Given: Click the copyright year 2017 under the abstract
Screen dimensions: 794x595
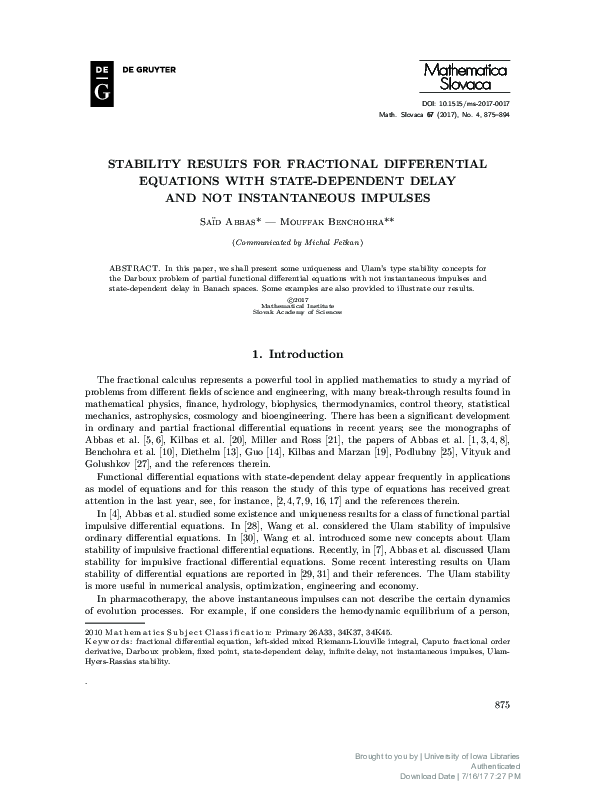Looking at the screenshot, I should pyautogui.click(x=297, y=298).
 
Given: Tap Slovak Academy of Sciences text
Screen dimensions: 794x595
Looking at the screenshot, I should pyautogui.click(x=297, y=311).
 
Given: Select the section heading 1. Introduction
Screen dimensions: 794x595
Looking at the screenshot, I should pyautogui.click(x=297, y=353).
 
